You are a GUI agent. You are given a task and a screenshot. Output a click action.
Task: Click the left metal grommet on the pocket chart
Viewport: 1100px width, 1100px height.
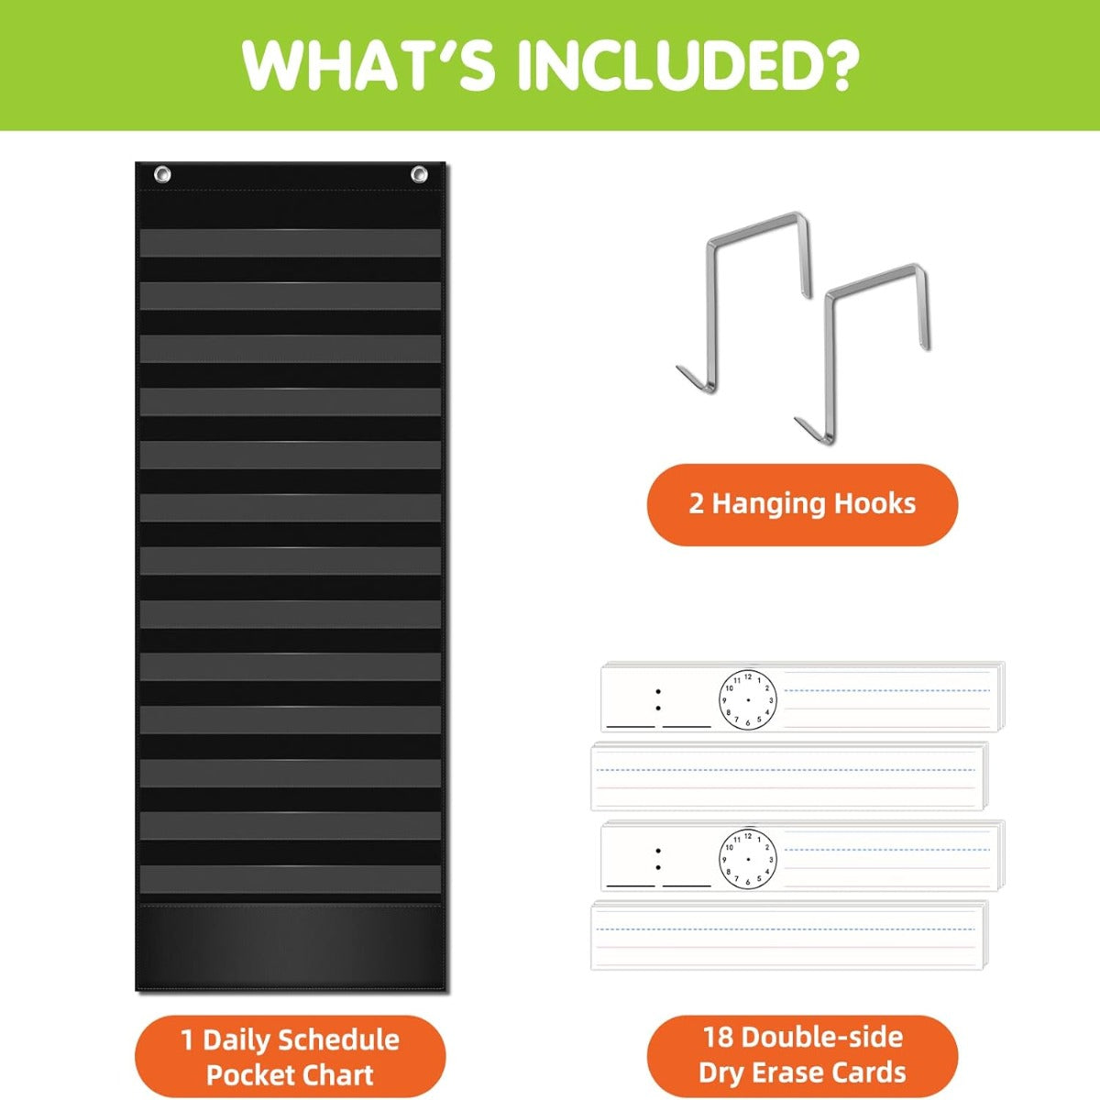pyautogui.click(x=162, y=174)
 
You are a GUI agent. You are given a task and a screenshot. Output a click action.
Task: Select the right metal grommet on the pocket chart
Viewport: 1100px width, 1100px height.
pyautogui.click(x=419, y=174)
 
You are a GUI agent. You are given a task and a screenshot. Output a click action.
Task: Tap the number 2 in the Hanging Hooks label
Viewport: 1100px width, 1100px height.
pyautogui.click(x=696, y=504)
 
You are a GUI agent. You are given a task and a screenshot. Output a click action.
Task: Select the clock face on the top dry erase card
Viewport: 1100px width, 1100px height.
pyautogui.click(x=747, y=699)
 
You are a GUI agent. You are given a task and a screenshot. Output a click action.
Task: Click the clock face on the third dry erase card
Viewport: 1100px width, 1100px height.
pyautogui.click(x=747, y=859)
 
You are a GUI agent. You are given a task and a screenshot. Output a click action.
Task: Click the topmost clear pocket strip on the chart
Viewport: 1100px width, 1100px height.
pyautogui.click(x=291, y=243)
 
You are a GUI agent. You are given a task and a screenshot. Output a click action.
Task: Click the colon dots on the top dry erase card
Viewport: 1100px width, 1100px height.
pyautogui.click(x=658, y=699)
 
